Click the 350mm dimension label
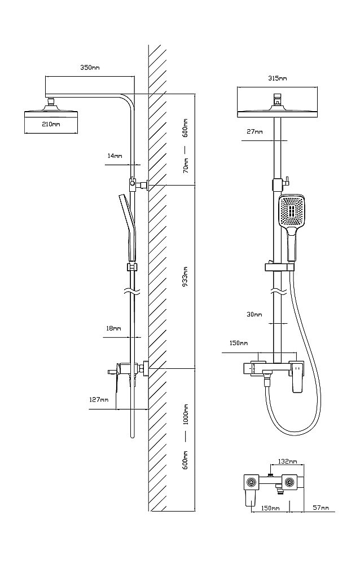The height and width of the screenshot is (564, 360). pos(90,68)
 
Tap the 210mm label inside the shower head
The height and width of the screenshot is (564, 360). pos(51,124)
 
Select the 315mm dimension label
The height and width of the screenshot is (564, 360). pos(277,78)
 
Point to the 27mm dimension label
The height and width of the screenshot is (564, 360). pos(254,131)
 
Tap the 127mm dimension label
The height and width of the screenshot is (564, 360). pos(99,400)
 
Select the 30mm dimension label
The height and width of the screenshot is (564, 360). pos(254,314)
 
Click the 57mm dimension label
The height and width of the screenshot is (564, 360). pos(321,508)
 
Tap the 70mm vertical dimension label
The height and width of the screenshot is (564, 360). pos(186,166)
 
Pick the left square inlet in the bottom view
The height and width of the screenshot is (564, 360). pos(251,482)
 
